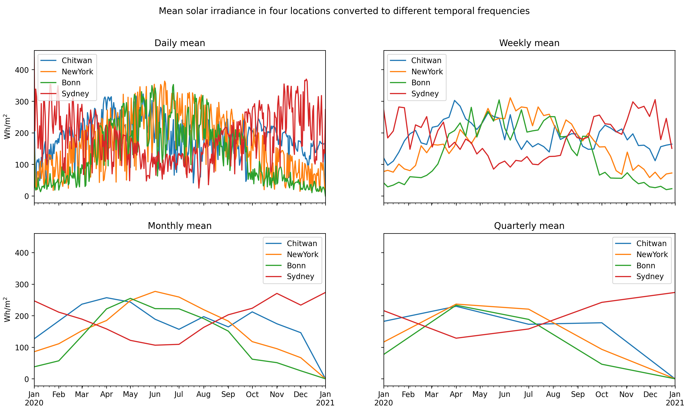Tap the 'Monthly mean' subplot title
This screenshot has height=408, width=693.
(x=180, y=226)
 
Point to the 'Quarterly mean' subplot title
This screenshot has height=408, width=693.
(x=529, y=226)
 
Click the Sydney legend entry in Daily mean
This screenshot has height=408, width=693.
(x=75, y=94)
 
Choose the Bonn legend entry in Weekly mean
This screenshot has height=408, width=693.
(x=420, y=83)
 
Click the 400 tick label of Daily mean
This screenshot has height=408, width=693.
(x=22, y=70)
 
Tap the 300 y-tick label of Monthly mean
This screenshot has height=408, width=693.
(x=22, y=284)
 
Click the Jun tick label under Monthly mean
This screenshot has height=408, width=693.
(x=155, y=394)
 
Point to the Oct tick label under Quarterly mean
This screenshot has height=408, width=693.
(x=602, y=394)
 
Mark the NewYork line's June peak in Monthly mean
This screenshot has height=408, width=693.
(x=155, y=291)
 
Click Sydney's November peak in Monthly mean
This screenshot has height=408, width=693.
(x=277, y=293)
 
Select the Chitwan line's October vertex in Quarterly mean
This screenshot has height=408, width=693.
(x=602, y=323)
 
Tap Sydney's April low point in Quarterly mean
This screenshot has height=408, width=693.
(x=456, y=338)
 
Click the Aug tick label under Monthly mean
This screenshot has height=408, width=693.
(x=203, y=394)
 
